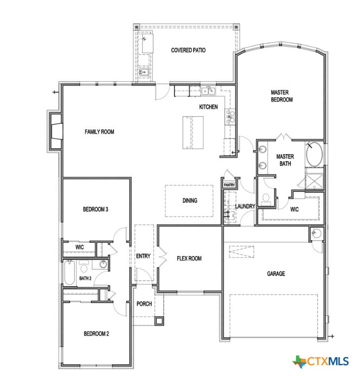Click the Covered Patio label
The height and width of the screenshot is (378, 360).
coord(188,50)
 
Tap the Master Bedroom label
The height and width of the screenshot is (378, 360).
coord(282,95)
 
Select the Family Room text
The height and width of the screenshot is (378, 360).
coord(99,132)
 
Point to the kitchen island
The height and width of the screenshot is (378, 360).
coord(193,132)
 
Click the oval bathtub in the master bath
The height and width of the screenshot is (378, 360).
coord(314,154)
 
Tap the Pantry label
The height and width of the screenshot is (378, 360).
coord(229,185)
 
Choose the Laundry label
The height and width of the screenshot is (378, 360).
coord(245,206)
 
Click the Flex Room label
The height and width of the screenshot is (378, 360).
coord(189,258)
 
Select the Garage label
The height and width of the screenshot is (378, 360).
coord(276,274)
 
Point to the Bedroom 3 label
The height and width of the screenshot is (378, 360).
coord(96,210)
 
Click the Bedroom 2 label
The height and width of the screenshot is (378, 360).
coord(96,334)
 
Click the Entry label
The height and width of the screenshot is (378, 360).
coord(143,256)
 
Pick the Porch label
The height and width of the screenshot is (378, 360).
coord(144,304)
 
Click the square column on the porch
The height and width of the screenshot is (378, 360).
coord(159,321)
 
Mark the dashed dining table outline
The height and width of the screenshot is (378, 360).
coord(189,200)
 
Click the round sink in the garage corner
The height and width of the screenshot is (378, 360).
coord(315,232)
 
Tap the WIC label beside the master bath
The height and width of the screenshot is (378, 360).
coord(295,209)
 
